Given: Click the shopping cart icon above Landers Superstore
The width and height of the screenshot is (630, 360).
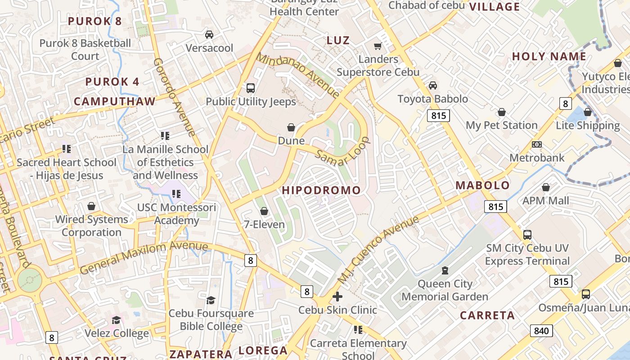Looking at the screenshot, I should point(378,46).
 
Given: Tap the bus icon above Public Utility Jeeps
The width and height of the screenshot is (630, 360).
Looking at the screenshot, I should point(251,88).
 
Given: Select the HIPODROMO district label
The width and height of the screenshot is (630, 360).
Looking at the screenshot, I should point(321,190).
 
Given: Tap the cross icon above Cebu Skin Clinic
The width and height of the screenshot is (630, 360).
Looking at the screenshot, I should point(337,297).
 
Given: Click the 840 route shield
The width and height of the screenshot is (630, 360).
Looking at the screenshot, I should point(541,331).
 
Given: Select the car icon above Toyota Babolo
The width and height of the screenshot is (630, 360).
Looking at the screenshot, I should point(432,85).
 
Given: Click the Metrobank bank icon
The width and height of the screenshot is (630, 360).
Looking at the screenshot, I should point(536,144).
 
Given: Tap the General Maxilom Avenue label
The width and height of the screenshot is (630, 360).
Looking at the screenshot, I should point(144,257).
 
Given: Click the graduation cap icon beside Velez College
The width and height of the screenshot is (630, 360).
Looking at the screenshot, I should point(117,320).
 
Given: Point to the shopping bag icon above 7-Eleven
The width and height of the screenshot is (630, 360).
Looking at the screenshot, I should point(264,211).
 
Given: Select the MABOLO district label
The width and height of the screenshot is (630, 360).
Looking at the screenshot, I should point(482,185).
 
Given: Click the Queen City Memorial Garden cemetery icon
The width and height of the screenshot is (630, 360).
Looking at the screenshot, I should point(445,270).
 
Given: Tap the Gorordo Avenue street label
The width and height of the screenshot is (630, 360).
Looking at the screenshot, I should point(174,97).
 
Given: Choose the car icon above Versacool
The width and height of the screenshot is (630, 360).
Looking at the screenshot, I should point(209,35).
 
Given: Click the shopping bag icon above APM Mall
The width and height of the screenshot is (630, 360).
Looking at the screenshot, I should point(546,187).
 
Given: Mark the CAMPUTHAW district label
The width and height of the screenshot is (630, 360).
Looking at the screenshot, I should point(114,101).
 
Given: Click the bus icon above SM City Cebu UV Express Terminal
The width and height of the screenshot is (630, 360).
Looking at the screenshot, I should point(527,234).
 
